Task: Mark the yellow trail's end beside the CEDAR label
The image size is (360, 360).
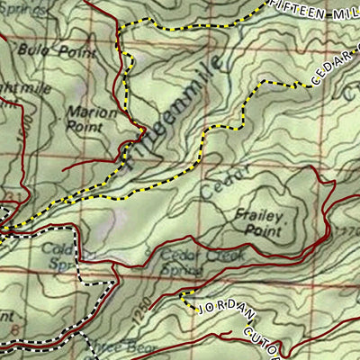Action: click(x=300, y=85)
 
